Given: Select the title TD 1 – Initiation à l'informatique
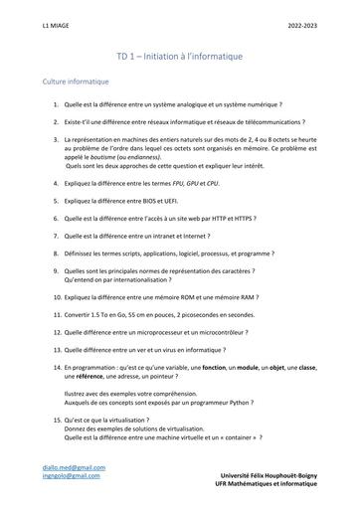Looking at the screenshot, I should coord(179,57).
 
